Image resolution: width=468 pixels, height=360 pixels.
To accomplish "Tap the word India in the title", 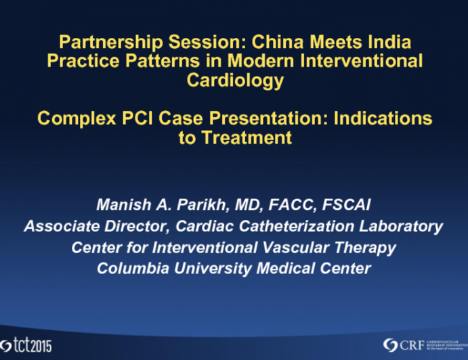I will pos(386,42).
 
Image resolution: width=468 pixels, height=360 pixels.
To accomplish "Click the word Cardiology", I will pos(234,81).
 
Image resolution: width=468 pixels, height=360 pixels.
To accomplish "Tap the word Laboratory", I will pos(406,227).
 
